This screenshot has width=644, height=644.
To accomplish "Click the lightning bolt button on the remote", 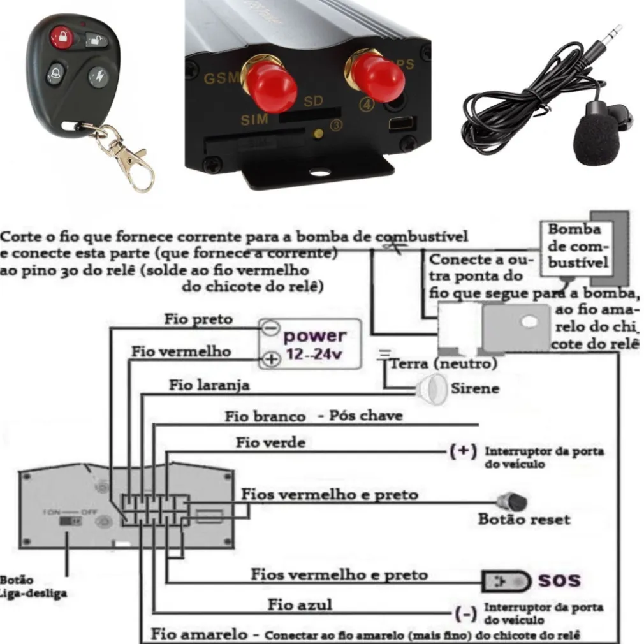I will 99,77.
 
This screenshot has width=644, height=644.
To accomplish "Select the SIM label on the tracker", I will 254,119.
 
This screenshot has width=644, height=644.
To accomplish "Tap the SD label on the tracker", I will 312,101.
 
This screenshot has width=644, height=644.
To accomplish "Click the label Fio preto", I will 198,319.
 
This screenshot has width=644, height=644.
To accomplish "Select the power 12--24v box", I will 309,343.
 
